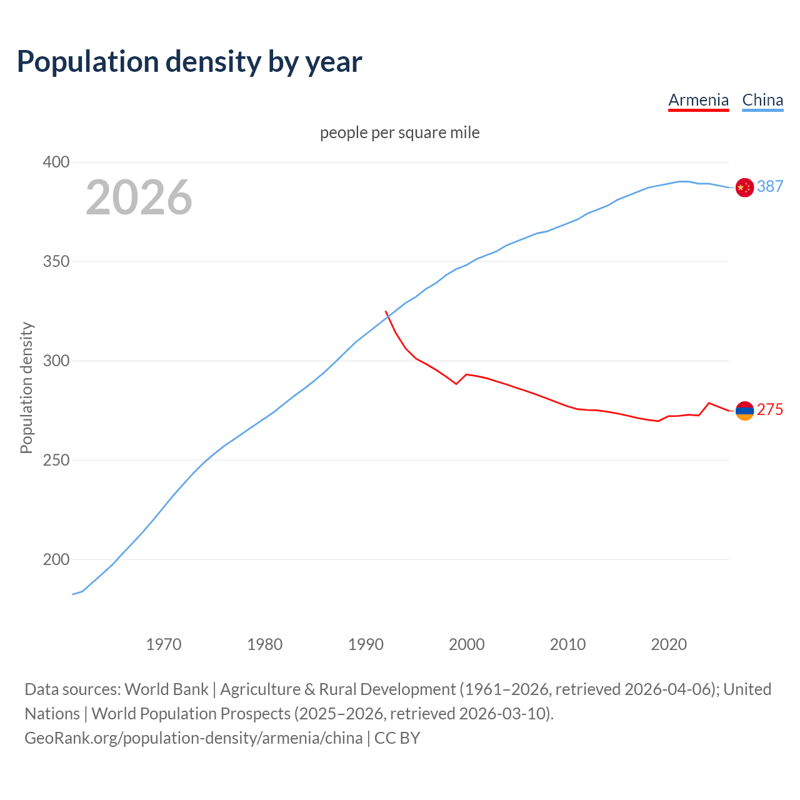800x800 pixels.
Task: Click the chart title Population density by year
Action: [189, 62]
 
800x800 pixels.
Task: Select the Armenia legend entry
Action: [698, 100]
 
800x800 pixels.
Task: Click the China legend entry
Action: [762, 100]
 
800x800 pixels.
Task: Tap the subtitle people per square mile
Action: [399, 132]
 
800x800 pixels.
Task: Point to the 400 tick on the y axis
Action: [56, 162]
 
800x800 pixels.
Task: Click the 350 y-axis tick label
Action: [56, 261]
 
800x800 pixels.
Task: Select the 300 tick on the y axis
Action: [56, 361]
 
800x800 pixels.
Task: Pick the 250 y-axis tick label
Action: [56, 460]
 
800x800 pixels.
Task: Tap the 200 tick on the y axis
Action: [56, 559]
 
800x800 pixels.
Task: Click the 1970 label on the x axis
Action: [164, 644]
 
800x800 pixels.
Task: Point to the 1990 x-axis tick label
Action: [366, 644]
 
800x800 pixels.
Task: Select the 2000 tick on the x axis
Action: [467, 644]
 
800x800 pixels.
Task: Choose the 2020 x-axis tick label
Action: [669, 644]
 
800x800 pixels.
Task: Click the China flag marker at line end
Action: [744, 187]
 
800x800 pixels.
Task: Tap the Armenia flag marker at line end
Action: [744, 411]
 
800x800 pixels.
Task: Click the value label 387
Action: [770, 186]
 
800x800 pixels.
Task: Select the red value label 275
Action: [770, 409]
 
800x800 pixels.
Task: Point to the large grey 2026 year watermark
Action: [139, 197]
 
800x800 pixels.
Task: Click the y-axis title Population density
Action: [26, 387]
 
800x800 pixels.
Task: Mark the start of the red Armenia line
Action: [386, 311]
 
